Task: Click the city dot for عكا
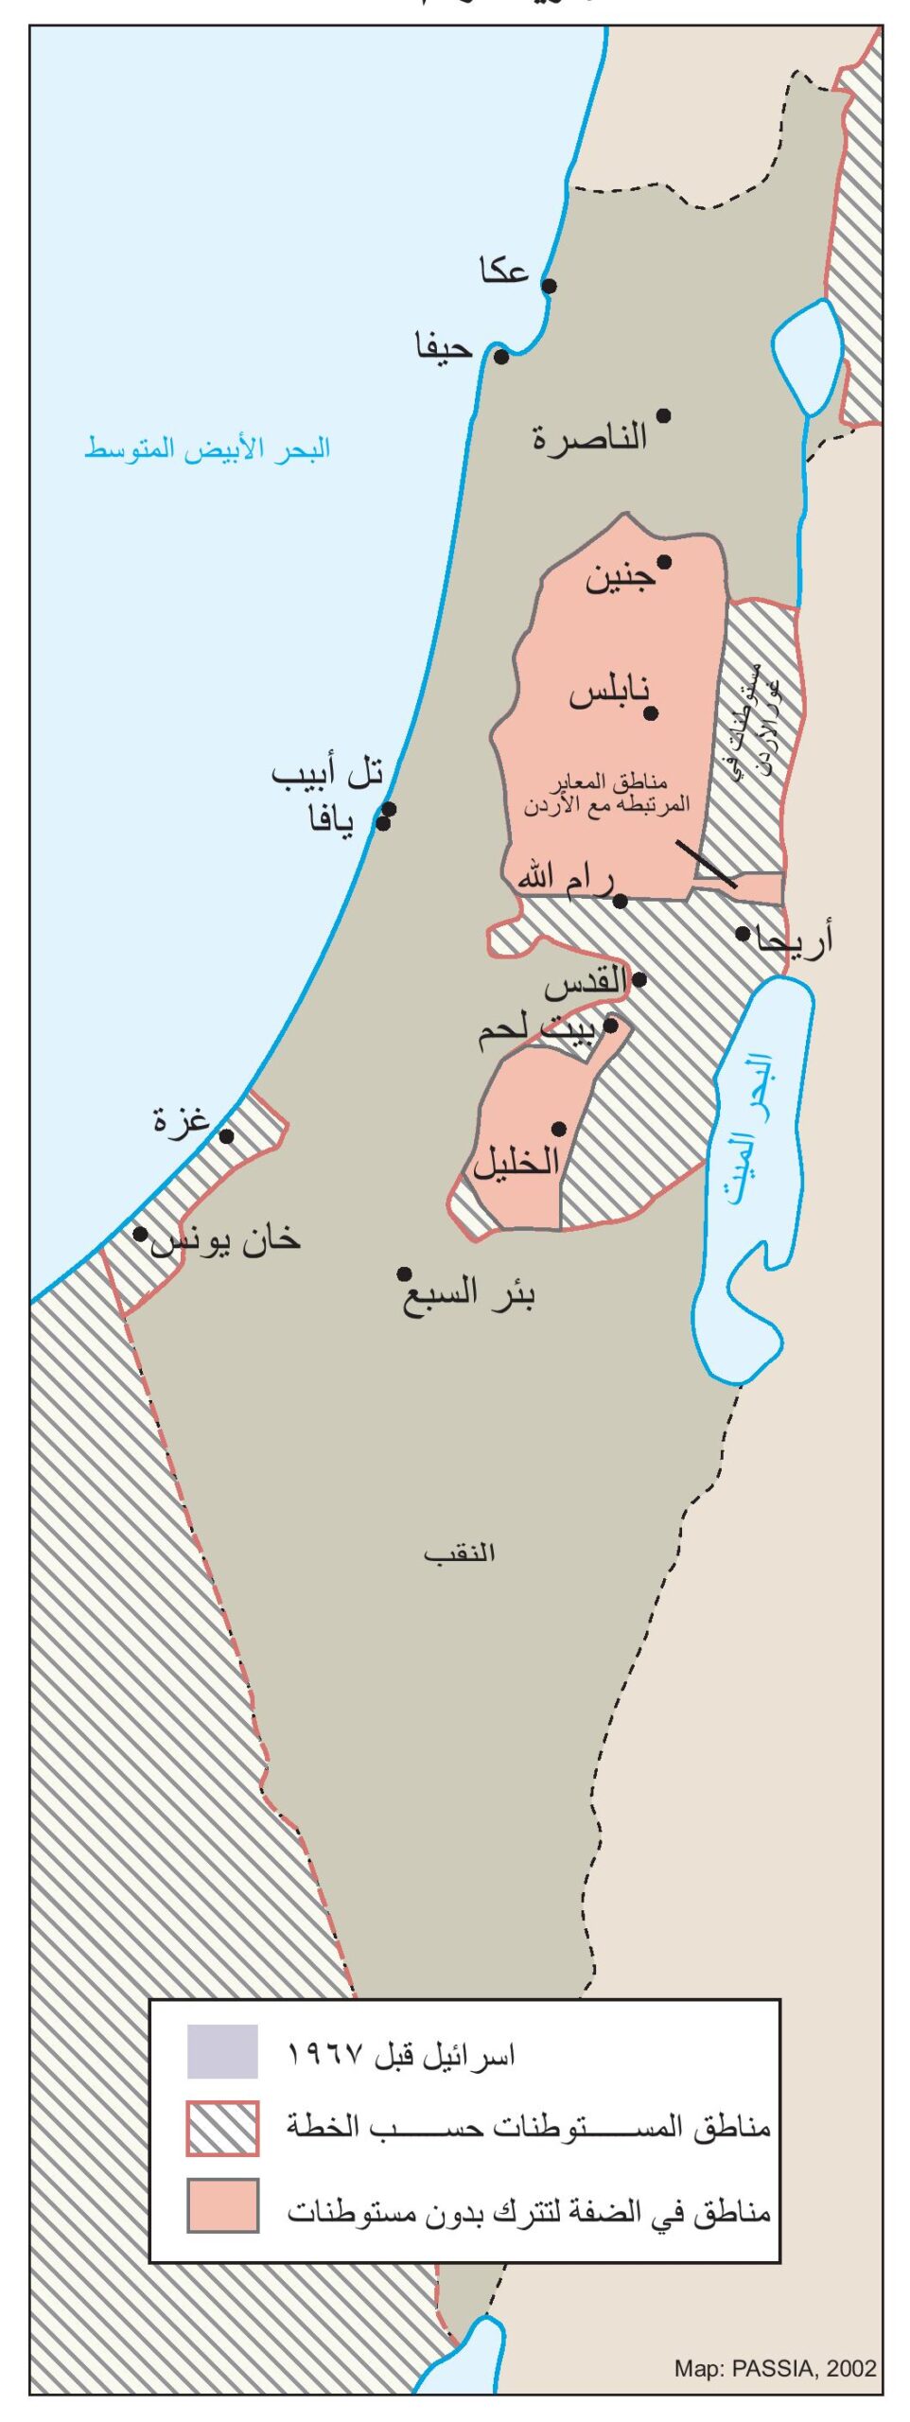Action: (x=549, y=286)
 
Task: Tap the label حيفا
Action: (x=444, y=347)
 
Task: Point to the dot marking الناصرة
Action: (x=664, y=415)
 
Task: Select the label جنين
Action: (x=620, y=577)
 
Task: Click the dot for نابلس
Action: (x=651, y=713)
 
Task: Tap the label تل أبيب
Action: (x=327, y=775)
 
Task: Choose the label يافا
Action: (x=332, y=819)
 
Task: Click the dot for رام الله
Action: (x=621, y=901)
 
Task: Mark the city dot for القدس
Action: (x=639, y=980)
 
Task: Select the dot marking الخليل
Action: (x=559, y=1129)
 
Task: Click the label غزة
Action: (x=181, y=1120)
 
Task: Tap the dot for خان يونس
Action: (x=140, y=1234)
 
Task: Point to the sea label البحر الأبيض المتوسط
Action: (x=208, y=448)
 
